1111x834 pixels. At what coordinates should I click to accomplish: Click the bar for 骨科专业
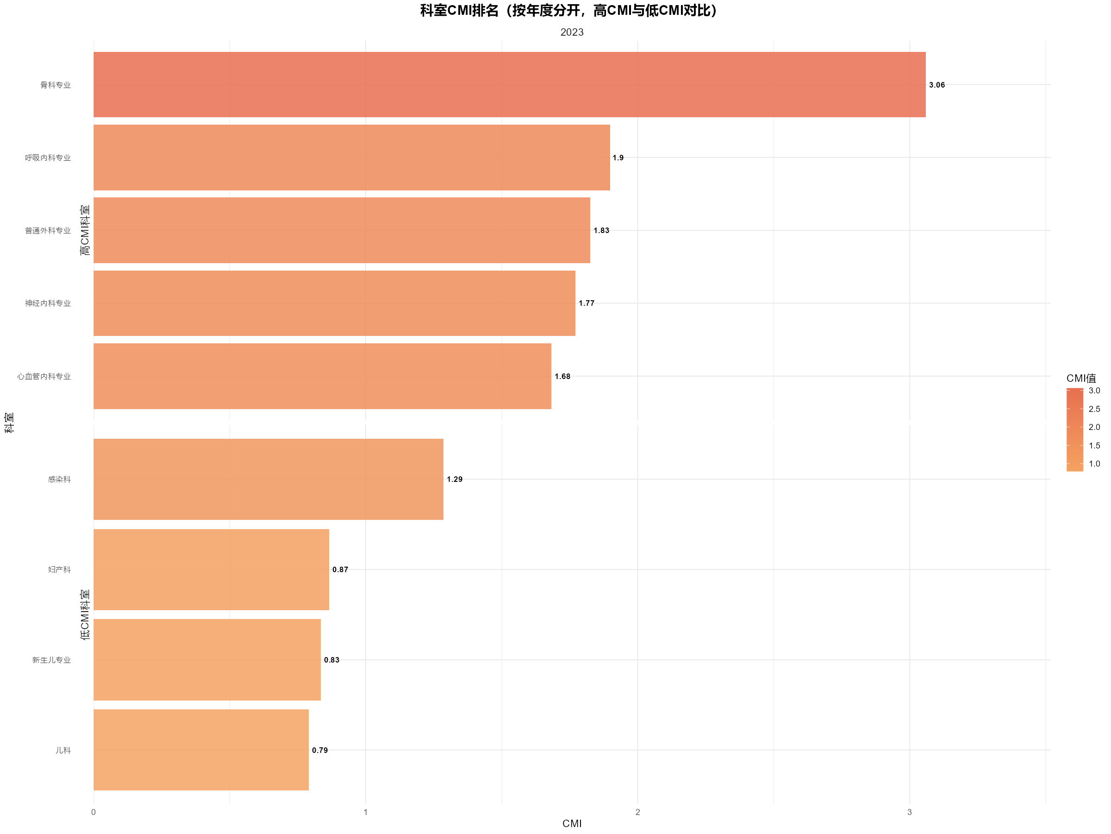(x=509, y=84)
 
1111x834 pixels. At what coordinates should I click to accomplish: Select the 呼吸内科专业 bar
(x=351, y=158)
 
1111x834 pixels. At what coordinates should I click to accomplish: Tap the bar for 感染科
(x=268, y=479)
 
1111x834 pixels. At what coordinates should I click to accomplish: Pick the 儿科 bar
(x=201, y=750)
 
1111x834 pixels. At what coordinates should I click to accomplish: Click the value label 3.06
(x=937, y=85)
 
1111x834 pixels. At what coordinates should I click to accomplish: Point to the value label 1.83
(x=601, y=230)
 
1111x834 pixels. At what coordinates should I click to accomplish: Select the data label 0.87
(x=340, y=569)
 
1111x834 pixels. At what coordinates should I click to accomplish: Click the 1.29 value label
(x=455, y=479)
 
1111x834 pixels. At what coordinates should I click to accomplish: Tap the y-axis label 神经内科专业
(x=48, y=303)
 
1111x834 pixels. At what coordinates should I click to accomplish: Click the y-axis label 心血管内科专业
(x=44, y=377)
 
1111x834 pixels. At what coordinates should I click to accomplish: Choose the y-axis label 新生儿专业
(x=52, y=660)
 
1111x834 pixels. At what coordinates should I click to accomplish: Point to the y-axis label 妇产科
(x=59, y=569)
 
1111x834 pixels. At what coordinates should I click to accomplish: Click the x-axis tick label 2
(x=638, y=812)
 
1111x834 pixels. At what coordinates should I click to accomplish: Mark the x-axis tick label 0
(x=94, y=812)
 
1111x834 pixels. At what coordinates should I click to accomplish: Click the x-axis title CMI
(x=572, y=823)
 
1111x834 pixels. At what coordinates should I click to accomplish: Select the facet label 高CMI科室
(x=85, y=230)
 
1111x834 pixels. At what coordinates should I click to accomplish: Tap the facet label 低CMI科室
(x=85, y=615)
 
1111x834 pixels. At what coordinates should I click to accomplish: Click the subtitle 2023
(x=572, y=32)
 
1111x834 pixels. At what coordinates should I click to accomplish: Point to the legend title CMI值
(x=1081, y=378)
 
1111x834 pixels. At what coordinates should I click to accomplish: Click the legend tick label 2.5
(x=1094, y=409)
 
